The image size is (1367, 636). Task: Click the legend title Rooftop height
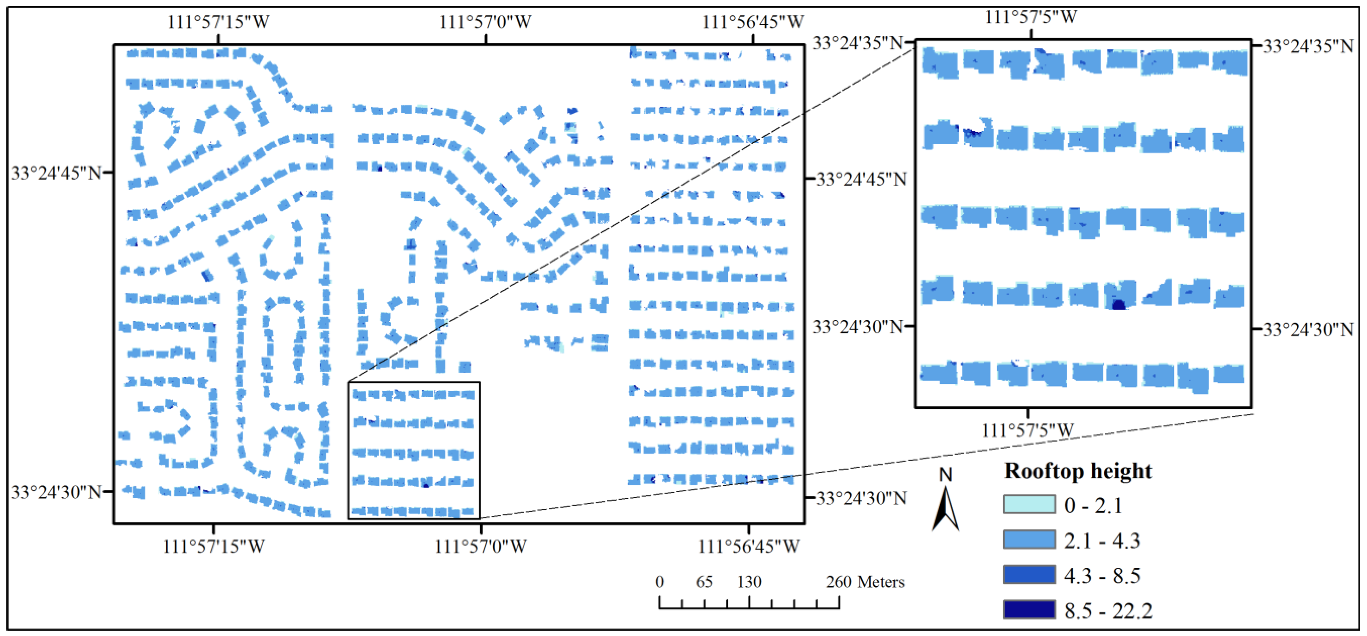[x=1078, y=471]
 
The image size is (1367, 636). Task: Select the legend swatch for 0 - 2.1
[x=1029, y=504]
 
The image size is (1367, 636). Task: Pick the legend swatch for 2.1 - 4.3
[x=1029, y=539]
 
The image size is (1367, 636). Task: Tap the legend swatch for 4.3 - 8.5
[x=1029, y=574]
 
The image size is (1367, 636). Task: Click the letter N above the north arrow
[x=945, y=474]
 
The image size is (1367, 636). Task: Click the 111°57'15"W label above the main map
[x=218, y=22]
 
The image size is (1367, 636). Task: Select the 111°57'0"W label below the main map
[x=481, y=546]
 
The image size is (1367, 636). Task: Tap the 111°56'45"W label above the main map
[x=753, y=22]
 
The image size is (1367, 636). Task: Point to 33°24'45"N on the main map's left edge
[x=56, y=173]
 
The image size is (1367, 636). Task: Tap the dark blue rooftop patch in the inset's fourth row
[x=1119, y=304]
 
